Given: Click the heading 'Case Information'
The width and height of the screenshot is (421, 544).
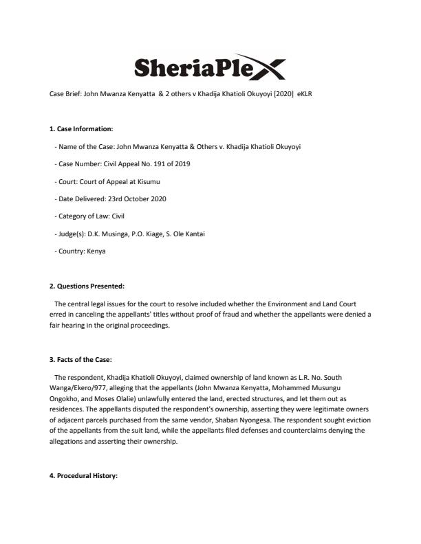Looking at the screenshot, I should pos(81,128).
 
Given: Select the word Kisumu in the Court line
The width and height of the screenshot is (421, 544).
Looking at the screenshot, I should pos(151,181).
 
